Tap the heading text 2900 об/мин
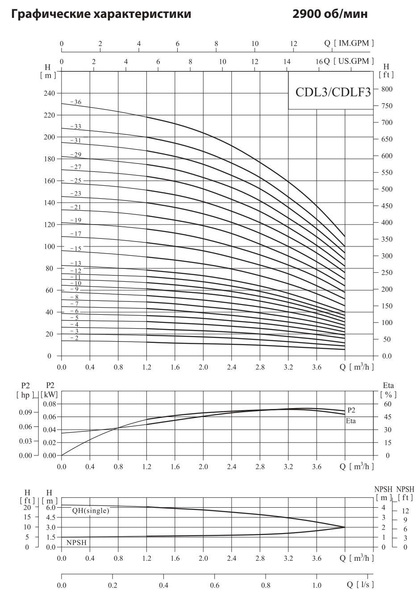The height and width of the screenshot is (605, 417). coord(330,14)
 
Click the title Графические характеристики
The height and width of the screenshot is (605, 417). coord(101,14)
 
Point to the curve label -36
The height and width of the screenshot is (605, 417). coord(76,102)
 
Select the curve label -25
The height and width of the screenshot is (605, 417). coord(76,181)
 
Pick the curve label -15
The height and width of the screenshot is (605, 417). coord(76,248)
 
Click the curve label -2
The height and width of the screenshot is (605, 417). coord(74,338)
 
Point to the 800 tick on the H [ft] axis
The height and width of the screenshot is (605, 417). coord(386,89)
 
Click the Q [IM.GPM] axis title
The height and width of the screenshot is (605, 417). coord(349,43)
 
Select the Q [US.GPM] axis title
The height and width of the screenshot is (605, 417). coord(349,61)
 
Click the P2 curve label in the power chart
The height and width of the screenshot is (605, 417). coord(351,410)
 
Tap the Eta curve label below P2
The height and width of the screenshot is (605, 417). coord(351,421)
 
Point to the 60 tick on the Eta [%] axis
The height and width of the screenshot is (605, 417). coord(388,404)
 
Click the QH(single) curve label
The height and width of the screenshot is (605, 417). coord(90,510)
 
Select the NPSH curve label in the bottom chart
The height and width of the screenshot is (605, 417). coord(76,542)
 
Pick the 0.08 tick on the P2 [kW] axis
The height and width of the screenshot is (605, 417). coord(49,404)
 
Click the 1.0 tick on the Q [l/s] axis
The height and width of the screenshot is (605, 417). coord(317,585)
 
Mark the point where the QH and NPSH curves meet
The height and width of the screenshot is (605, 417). coord(345,527)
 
